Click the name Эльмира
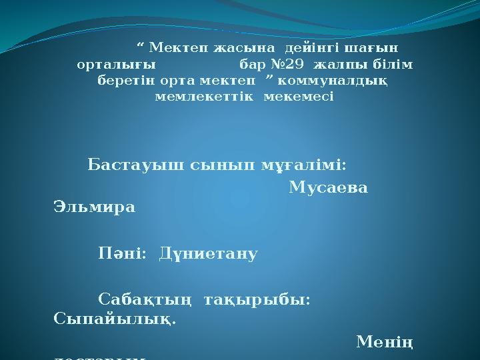tap(94, 207)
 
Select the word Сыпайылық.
tap(114, 319)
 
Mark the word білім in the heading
tap(395, 65)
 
